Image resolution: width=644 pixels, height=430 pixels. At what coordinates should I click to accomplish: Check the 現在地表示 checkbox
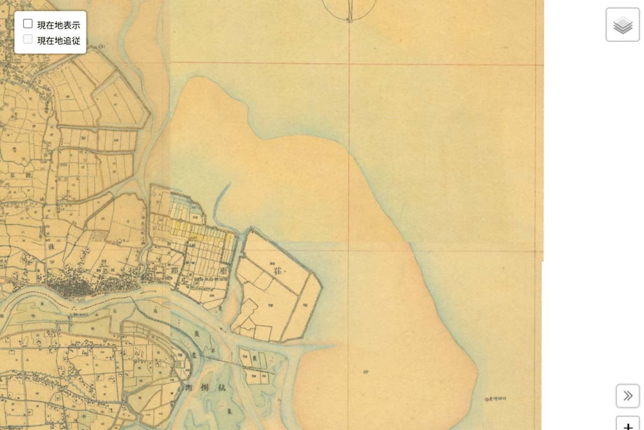click(28, 24)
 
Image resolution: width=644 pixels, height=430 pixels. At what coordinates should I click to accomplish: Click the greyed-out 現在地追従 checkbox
click(28, 39)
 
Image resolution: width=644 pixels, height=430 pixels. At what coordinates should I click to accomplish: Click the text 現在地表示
click(58, 24)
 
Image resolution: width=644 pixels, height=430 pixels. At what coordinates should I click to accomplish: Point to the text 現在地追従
click(58, 40)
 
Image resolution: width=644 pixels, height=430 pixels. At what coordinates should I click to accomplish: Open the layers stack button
click(623, 25)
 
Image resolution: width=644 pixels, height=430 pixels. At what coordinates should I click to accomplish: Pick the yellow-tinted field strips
click(188, 230)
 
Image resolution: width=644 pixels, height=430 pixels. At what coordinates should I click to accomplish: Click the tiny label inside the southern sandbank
click(367, 371)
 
